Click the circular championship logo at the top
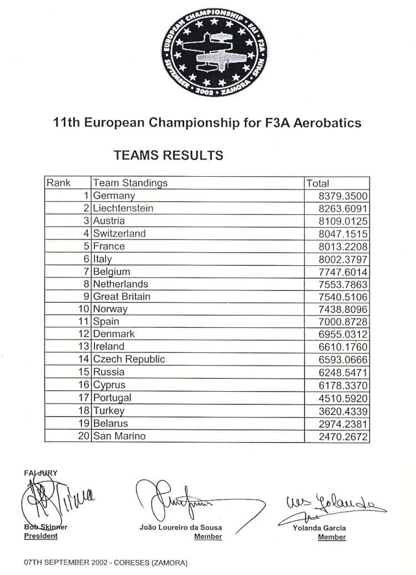coord(215,52)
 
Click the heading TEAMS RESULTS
coord(169,155)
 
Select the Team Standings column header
coord(130,183)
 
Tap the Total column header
coord(317,183)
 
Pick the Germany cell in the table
coord(114,196)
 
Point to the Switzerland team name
coord(119,233)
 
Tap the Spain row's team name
coord(106,321)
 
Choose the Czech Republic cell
coord(129,359)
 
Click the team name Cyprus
coord(109,385)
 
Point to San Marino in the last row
coord(119,436)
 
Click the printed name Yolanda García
coord(319,528)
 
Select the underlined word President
coord(40,536)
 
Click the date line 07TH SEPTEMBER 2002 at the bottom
coord(106,563)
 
